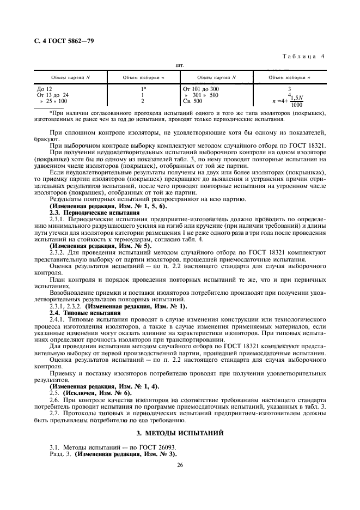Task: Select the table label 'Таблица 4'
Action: pos(306,56)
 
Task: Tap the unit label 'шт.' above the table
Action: pos(179,65)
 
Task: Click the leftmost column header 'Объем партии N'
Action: pos(70,77)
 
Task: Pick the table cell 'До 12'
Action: pos(45,88)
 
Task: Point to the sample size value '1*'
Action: pos(144,88)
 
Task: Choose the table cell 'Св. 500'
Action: pos(192,101)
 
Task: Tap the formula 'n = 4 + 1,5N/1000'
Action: pos(289,102)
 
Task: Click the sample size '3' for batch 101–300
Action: pos(289,88)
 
